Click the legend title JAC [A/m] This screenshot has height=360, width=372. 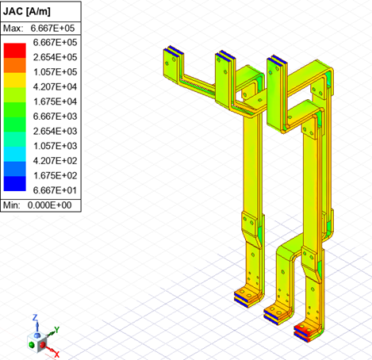(x=29, y=11)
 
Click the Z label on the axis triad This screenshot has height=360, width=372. (x=36, y=316)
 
